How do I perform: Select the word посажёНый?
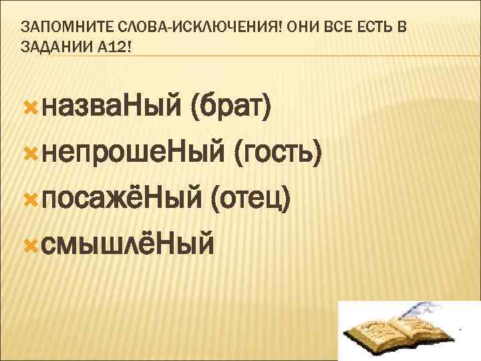tap(122, 198)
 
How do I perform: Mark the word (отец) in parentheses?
tap(251, 198)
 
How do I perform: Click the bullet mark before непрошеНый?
tap(30, 153)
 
